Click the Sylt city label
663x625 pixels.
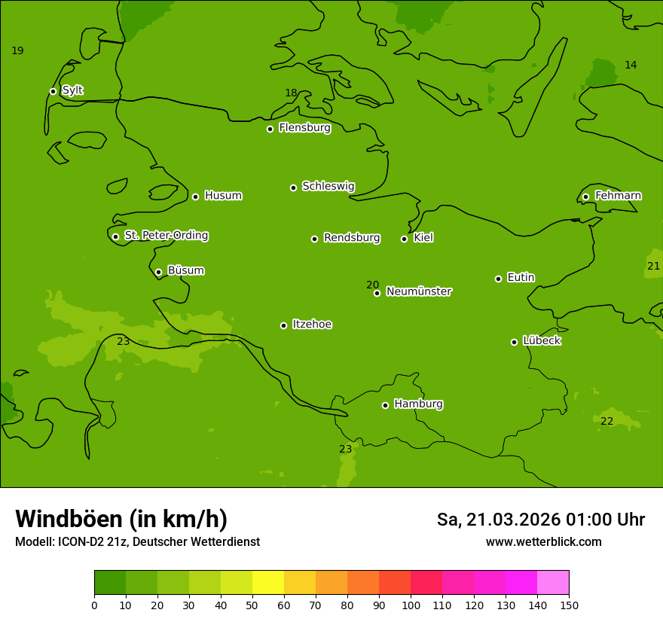(72, 90)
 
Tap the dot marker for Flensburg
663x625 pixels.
(270, 129)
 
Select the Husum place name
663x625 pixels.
(223, 196)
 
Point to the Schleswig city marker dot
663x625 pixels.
(293, 187)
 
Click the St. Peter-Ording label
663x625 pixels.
(166, 236)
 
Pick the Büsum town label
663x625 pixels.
(185, 270)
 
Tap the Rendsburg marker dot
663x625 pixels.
(314, 239)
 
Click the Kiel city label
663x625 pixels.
(423, 238)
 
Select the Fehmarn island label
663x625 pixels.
(618, 196)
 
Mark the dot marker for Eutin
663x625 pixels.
(498, 279)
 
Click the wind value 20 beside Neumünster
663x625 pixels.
(372, 285)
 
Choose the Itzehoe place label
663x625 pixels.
(312, 325)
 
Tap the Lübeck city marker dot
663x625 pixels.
(514, 342)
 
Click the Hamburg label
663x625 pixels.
(418, 404)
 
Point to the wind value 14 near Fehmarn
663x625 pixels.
(631, 65)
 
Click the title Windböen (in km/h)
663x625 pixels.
(121, 519)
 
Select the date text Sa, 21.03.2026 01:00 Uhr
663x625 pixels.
(540, 520)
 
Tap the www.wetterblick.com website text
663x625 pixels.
(543, 541)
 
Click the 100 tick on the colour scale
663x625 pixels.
(411, 605)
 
